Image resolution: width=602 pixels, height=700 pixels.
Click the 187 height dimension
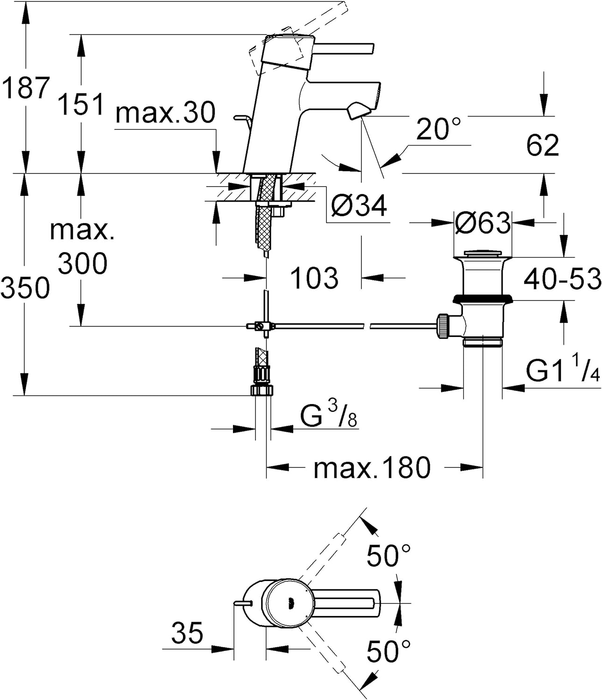[x=26, y=88]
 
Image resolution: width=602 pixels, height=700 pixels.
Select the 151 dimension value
[x=81, y=104]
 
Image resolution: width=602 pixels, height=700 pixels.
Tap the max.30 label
[x=165, y=112]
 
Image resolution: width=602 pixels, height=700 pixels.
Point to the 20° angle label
[x=439, y=129]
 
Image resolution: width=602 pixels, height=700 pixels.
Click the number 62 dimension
[x=543, y=145]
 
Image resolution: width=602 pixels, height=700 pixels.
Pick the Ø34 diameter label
[x=359, y=206]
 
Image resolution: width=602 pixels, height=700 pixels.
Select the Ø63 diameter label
[x=483, y=223]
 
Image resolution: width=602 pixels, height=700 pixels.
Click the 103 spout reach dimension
[x=315, y=278]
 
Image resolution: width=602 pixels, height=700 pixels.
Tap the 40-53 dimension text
[x=562, y=279]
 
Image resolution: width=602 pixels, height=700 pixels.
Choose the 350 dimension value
[x=25, y=287]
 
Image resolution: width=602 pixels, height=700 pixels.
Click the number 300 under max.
[x=83, y=263]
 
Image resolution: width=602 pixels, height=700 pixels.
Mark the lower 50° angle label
[x=389, y=651]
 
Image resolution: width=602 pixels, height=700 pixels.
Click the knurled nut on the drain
[x=443, y=326]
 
